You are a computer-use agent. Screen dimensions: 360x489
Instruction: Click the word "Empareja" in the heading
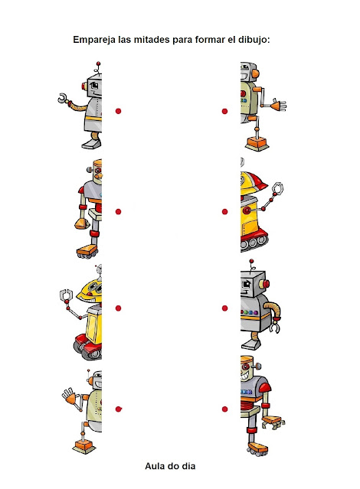(x=94, y=41)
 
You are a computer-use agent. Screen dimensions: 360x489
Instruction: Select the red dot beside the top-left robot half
(x=118, y=111)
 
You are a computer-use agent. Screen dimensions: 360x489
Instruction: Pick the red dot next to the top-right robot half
(x=224, y=111)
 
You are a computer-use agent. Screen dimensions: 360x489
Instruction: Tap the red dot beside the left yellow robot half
(x=118, y=308)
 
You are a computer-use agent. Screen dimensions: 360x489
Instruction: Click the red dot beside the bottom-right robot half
(x=224, y=409)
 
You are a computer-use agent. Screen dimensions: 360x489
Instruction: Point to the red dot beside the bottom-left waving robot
(x=118, y=409)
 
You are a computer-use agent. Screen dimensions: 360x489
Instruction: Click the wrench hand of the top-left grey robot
(x=64, y=99)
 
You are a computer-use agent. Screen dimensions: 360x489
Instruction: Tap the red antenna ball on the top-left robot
(x=98, y=64)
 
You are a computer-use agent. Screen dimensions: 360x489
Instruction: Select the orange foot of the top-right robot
(x=257, y=143)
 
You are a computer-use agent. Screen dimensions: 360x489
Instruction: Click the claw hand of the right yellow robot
(x=277, y=188)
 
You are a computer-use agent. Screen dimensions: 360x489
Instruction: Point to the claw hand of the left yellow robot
(x=66, y=295)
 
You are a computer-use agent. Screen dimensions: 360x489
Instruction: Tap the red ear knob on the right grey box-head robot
(x=266, y=284)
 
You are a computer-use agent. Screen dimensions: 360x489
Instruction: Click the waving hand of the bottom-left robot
(x=69, y=396)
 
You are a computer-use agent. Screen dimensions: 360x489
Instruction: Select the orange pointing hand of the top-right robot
(x=279, y=106)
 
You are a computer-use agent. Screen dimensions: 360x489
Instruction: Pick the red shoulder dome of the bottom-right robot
(x=265, y=388)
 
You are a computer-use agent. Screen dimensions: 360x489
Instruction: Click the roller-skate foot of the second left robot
(x=87, y=252)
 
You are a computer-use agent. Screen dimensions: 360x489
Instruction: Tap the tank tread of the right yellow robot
(x=254, y=241)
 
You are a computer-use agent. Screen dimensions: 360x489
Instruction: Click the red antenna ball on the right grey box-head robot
(x=252, y=261)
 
